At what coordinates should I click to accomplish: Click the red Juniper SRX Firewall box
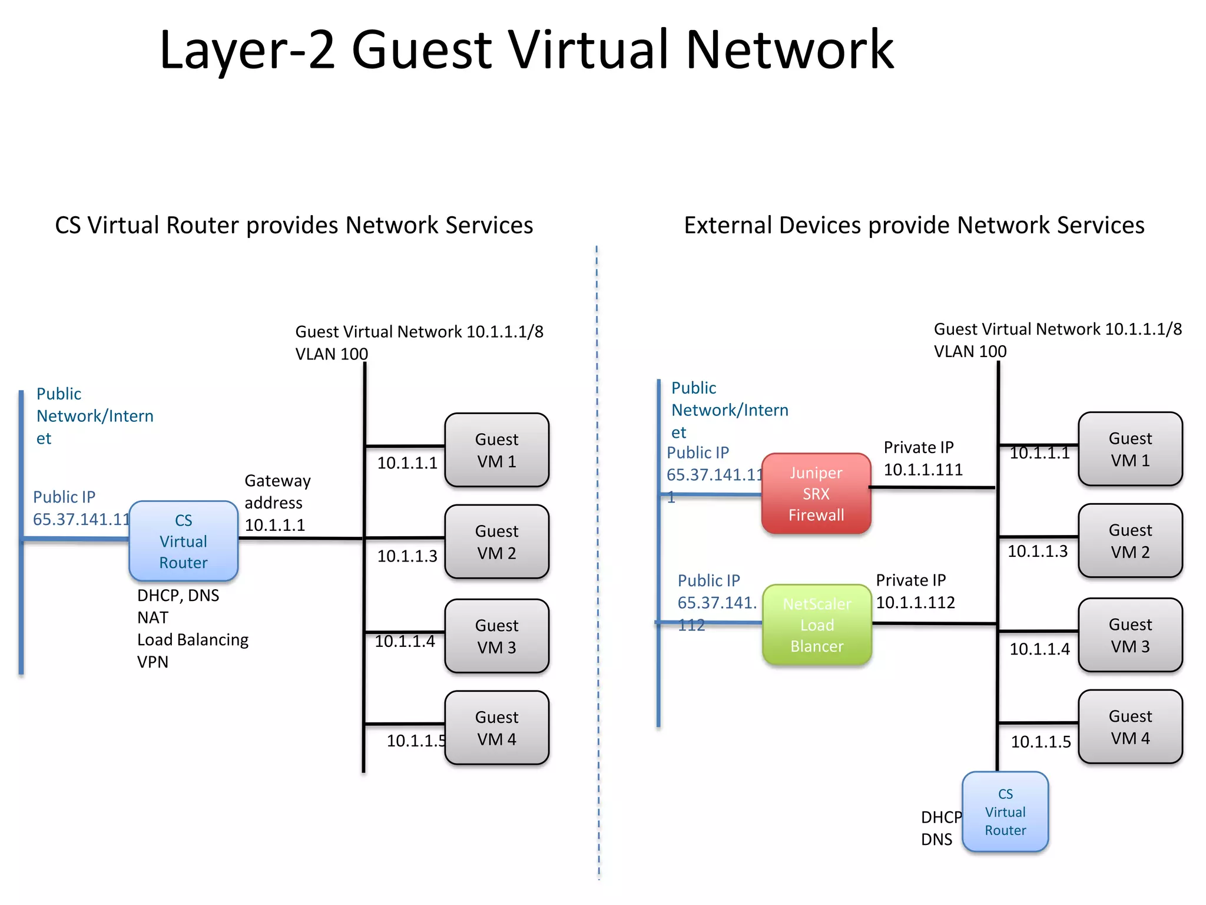coord(816,494)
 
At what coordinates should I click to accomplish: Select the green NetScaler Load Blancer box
coord(817,625)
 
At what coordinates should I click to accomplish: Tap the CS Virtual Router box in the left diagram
coord(183,541)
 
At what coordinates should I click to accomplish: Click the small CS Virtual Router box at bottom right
coord(1005,812)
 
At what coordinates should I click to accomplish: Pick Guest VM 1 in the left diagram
coord(496,450)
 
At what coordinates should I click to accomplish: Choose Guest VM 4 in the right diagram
coord(1130,727)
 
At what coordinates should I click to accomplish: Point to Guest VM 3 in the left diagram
coord(496,636)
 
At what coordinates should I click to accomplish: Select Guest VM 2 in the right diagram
coord(1130,541)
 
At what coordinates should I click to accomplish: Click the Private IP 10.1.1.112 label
coord(915,591)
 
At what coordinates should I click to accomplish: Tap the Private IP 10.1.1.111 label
coord(923,458)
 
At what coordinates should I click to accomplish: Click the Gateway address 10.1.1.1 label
coord(277,503)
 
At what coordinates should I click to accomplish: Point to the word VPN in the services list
coord(153,662)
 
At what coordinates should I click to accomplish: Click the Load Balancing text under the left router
coord(193,640)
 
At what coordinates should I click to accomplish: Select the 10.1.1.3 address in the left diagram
coord(407,556)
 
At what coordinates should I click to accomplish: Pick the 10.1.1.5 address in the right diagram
coord(1041,742)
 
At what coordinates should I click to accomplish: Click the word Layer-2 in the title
coord(247,50)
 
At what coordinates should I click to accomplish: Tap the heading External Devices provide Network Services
coord(914,225)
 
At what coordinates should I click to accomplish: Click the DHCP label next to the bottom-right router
coord(940,817)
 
